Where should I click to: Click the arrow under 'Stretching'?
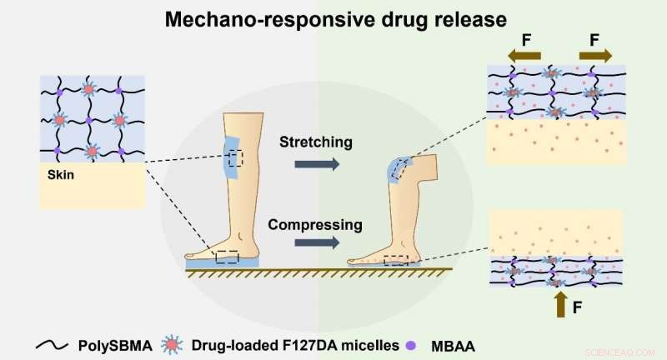click(318, 166)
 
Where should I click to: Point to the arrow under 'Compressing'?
click(318, 243)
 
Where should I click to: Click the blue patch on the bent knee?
click(397, 169)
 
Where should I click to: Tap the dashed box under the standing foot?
click(227, 256)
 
